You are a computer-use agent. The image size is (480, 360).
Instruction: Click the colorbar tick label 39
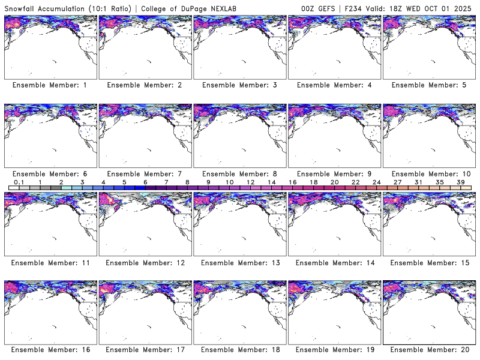(x=461, y=182)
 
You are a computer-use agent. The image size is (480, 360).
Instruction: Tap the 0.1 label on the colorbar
(x=19, y=182)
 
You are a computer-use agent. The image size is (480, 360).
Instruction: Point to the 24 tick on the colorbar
(x=376, y=182)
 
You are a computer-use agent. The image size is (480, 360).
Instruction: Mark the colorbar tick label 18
(x=313, y=182)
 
